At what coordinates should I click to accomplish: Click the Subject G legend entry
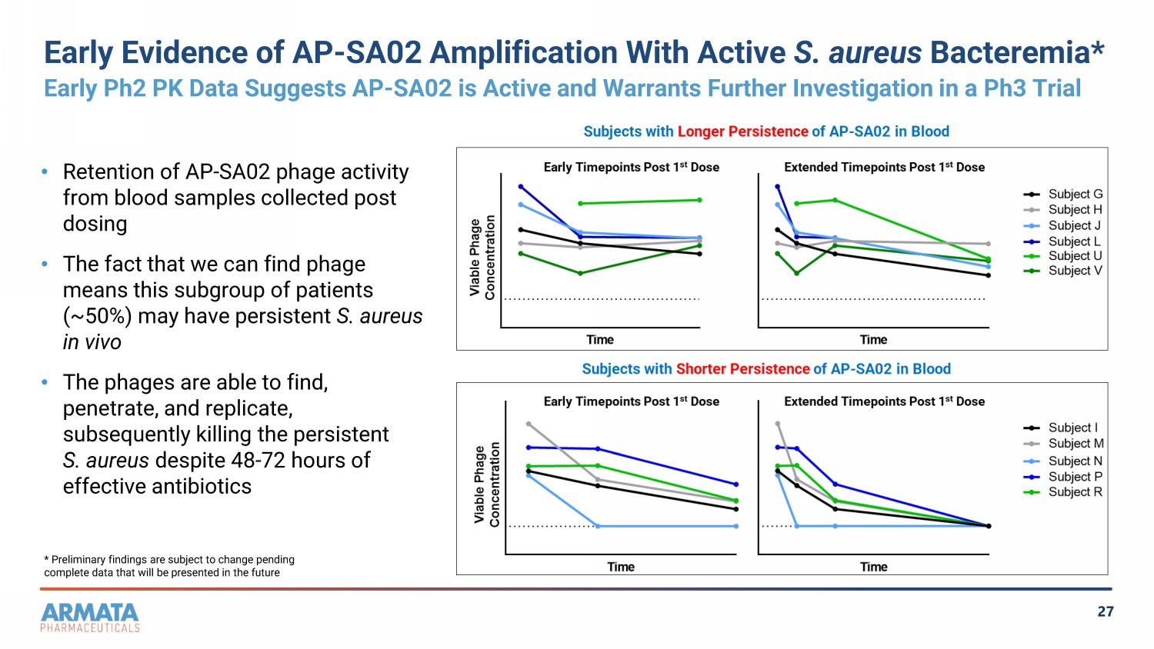tap(1062, 195)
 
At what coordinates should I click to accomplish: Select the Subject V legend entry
tap(1062, 271)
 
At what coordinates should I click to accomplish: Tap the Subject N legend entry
tap(1062, 461)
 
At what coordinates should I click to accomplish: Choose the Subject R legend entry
tap(1062, 492)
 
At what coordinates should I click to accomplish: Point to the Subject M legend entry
tap(1062, 444)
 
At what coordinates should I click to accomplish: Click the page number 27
tap(1106, 611)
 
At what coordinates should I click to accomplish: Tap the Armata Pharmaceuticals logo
tap(90, 617)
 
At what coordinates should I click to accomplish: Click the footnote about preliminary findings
tap(169, 566)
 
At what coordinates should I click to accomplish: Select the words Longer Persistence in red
tap(742, 131)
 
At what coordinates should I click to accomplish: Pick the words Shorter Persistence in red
tap(743, 369)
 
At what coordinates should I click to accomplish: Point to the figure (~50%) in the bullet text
tap(97, 316)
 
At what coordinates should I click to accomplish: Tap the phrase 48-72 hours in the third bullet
tap(284, 460)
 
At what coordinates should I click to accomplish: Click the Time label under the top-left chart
tap(600, 340)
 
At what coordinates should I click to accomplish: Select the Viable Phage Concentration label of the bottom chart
tap(486, 484)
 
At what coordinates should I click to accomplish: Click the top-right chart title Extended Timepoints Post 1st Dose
tap(884, 168)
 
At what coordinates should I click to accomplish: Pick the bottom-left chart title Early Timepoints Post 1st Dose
tap(631, 401)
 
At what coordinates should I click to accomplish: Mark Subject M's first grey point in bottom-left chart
tap(529, 424)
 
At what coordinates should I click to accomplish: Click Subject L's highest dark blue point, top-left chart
tap(521, 186)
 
